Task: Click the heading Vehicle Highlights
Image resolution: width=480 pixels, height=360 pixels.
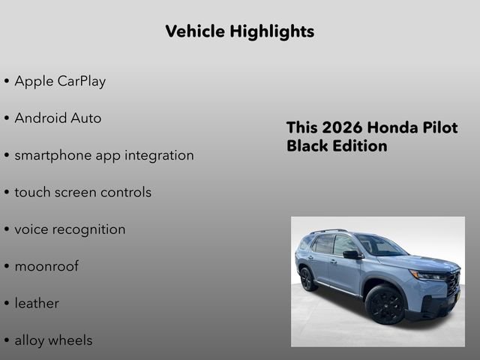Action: click(x=239, y=31)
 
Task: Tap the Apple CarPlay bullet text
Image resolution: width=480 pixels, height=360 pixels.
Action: click(x=60, y=81)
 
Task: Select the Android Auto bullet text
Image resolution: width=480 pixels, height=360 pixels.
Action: click(x=58, y=118)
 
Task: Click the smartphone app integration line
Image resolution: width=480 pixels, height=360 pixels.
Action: click(x=104, y=155)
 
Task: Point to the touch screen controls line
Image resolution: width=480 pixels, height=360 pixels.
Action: click(x=82, y=192)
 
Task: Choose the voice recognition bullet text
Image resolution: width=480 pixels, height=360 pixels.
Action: click(x=70, y=229)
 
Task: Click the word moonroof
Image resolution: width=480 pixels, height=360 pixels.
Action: click(x=46, y=266)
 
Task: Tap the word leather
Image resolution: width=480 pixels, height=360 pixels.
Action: click(x=37, y=303)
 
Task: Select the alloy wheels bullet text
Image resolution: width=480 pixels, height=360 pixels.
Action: click(x=53, y=340)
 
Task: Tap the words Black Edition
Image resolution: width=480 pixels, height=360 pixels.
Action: click(x=337, y=145)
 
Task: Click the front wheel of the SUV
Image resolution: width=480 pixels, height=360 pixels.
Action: click(x=385, y=305)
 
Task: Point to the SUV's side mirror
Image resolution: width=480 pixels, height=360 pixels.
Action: click(x=350, y=255)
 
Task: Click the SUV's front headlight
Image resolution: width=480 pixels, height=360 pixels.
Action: click(x=430, y=276)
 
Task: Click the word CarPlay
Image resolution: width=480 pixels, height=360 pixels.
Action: click(x=82, y=81)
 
